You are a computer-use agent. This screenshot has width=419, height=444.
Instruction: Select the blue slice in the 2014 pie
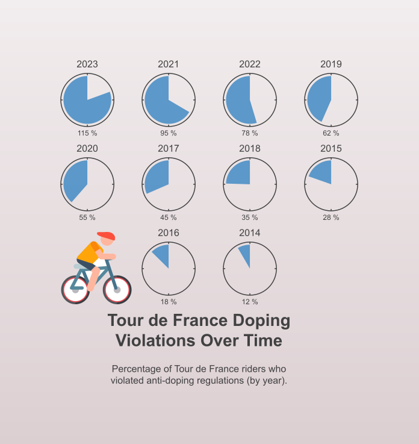[245, 254]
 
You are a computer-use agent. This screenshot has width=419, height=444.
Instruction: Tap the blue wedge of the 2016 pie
[162, 254]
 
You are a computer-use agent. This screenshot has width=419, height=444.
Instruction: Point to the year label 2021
[169, 64]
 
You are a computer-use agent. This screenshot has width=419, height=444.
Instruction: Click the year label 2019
[331, 64]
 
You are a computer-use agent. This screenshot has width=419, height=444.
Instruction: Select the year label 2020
[87, 149]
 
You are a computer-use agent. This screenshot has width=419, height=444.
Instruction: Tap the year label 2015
[331, 149]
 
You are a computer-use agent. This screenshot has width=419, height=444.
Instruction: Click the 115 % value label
[87, 133]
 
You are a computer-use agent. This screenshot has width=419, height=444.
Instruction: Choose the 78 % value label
[250, 133]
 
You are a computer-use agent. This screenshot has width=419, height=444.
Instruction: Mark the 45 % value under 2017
[169, 217]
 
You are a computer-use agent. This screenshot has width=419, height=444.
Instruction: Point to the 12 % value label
[250, 302]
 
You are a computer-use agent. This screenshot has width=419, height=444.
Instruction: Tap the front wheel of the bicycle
[117, 289]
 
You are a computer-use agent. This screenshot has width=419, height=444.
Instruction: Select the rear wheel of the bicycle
[76, 289]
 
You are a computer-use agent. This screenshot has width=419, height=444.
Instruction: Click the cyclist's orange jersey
[90, 252]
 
